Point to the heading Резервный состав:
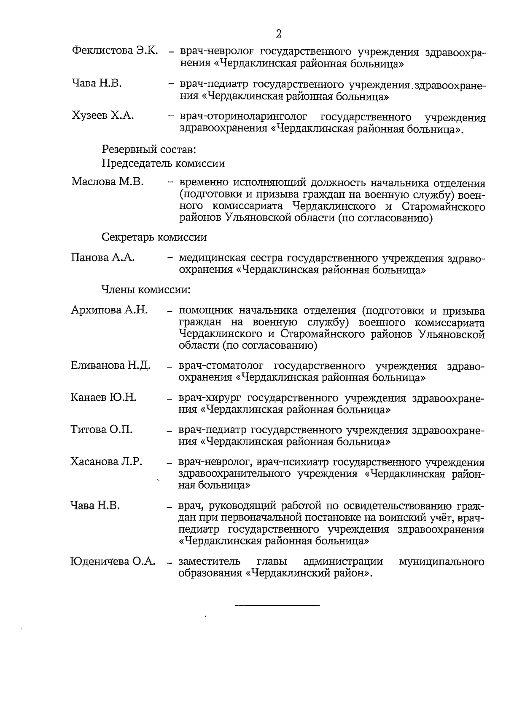[x=148, y=149]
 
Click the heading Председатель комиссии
[x=163, y=163]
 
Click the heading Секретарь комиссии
[x=154, y=237]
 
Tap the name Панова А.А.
[x=103, y=257]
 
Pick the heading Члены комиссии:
[x=146, y=290]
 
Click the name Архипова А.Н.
[x=109, y=310]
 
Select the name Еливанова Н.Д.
[x=110, y=365]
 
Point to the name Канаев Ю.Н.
[x=103, y=397]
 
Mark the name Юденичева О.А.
[x=113, y=562]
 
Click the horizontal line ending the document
[x=277, y=605]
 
